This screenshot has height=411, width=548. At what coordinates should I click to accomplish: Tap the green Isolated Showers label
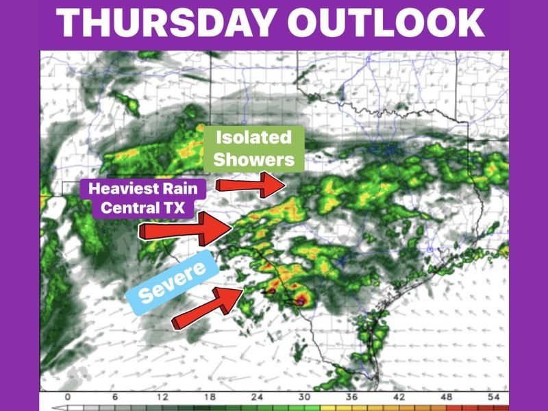254,148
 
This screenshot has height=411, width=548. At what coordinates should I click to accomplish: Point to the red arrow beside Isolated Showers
251,184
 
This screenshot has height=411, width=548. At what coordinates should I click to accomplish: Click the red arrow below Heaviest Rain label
184,229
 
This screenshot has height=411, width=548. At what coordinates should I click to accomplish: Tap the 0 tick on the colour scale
67,397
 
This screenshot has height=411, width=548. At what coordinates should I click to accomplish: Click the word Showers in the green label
254,160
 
